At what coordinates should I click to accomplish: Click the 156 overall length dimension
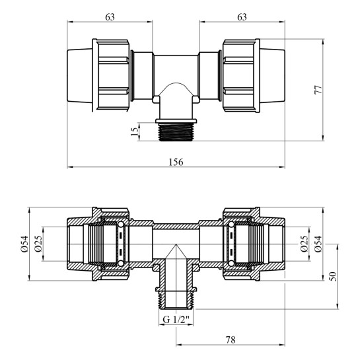(x=176, y=162)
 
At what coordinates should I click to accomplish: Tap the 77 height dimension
(x=318, y=90)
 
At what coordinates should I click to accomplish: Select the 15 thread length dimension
(x=135, y=131)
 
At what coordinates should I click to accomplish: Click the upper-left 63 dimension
(x=110, y=17)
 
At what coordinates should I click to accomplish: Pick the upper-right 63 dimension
(x=242, y=17)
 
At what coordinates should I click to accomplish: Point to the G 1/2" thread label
(x=176, y=319)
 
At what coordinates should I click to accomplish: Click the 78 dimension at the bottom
(x=231, y=340)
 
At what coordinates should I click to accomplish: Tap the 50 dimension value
(x=333, y=276)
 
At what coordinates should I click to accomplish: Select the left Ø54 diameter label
(x=24, y=244)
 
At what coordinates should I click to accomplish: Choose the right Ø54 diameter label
(x=318, y=244)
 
